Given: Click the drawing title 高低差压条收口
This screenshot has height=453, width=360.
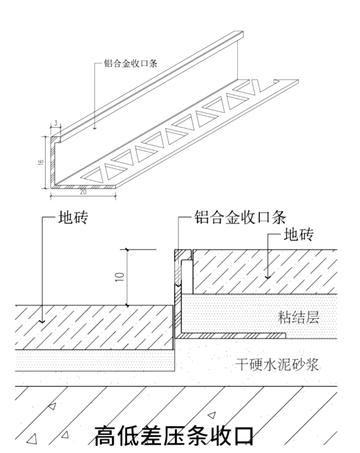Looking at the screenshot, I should point(174,436).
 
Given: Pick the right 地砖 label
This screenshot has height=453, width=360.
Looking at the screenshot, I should point(299,235).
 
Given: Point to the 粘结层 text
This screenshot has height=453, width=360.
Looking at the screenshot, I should point(298,318).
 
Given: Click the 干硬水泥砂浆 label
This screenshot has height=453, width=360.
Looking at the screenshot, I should point(277,365).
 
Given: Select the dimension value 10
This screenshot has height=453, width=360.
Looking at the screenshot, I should point(121,277).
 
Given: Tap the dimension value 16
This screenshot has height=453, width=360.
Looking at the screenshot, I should point(41,162).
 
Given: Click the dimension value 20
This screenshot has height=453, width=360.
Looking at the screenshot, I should point(83,192).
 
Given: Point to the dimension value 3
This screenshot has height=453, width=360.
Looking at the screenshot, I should point(56,123).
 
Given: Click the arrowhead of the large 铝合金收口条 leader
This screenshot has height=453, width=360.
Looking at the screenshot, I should point(178,283).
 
